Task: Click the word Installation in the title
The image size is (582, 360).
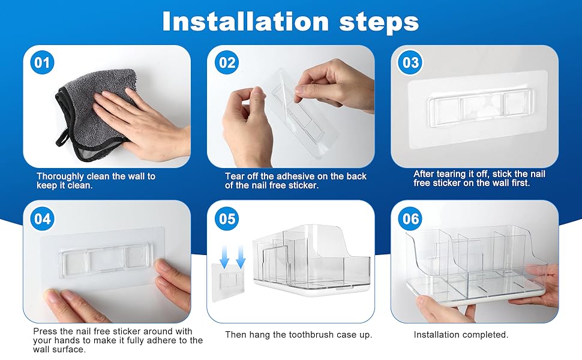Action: coord(245,21)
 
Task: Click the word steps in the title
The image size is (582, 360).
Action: coord(379,23)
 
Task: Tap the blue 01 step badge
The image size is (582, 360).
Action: coord(42,62)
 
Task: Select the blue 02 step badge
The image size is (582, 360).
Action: coord(227,62)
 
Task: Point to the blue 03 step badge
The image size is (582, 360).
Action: coord(410,62)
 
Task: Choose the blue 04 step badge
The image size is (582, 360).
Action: coord(42,218)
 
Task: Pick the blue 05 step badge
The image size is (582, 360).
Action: coord(227,218)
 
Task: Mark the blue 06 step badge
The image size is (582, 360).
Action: coord(410,218)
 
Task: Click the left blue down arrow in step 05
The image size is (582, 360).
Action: coord(224,256)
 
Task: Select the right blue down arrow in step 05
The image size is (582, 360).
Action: coord(241,256)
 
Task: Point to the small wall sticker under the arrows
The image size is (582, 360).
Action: coord(227,282)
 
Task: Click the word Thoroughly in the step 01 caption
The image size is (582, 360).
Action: coord(61,176)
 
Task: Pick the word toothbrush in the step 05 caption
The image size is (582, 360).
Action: coord(311,335)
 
